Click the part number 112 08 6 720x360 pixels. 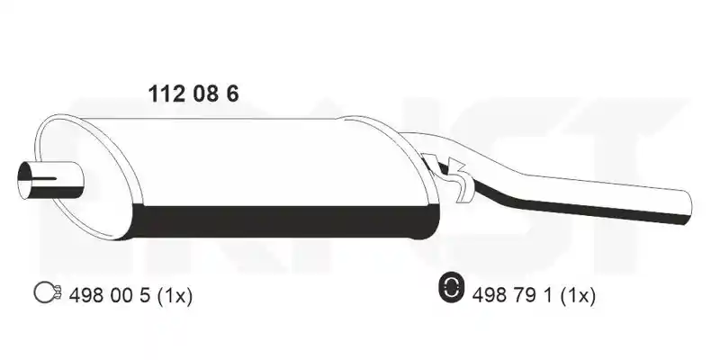pos(193,94)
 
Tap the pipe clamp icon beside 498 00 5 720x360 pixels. pos(48,292)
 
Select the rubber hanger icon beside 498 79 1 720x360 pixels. pos(452,288)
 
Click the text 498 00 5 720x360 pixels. pos(109,296)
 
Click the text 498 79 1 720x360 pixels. pos(512,296)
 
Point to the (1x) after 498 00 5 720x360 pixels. pos(175,296)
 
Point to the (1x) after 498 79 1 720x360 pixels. pos(578,296)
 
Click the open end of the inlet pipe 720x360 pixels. pos(24,181)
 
